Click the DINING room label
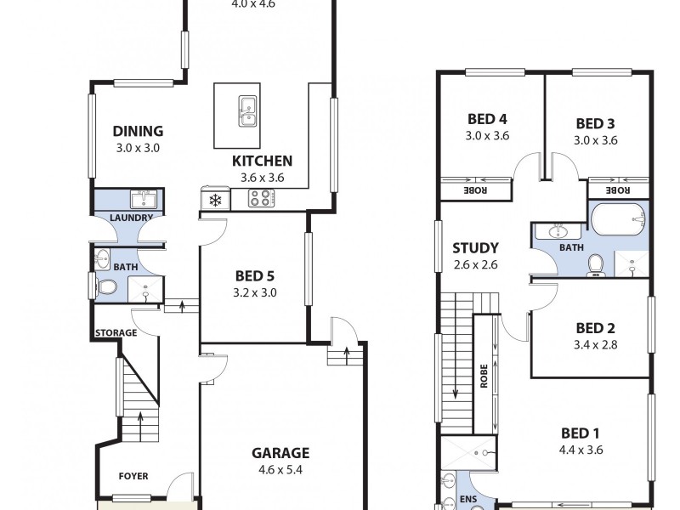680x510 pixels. pos(138,131)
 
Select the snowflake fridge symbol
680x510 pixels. pos(215,200)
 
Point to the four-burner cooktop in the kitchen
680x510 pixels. pos(261,199)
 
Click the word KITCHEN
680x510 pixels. pos(262,161)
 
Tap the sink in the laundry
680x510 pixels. pos(142,200)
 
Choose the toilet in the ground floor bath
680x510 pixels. pos(106,288)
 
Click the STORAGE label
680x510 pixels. pos(116,332)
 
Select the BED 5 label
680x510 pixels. pos(253,275)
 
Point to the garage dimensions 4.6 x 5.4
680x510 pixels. pos(280,468)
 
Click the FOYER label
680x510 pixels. pos(133,476)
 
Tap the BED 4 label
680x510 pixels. pos(486,119)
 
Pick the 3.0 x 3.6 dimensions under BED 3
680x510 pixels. pos(595,140)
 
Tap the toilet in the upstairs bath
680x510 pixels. pos(597,265)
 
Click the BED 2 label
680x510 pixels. pos(595,328)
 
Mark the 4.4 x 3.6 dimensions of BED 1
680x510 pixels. pos(581,450)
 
